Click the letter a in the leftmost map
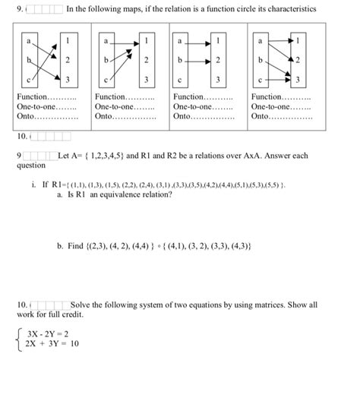coord(28,37)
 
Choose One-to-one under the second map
coord(115,108)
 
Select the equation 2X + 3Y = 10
coord(52,343)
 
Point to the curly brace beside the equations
coord(17,339)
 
